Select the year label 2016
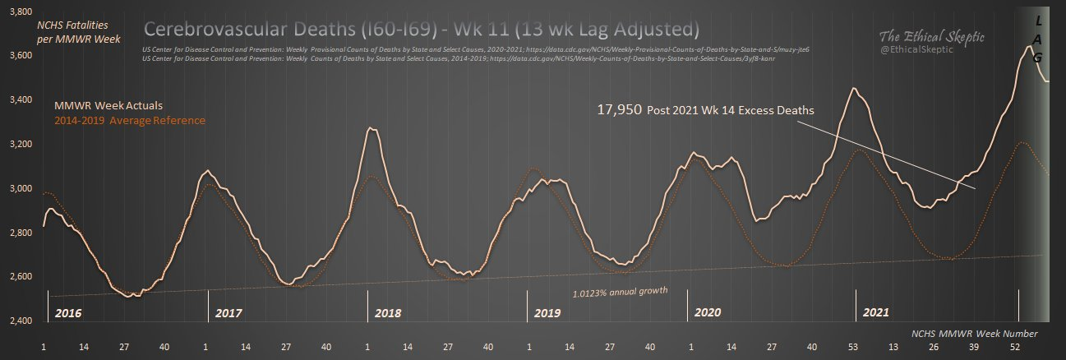coord(67,313)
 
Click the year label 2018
coord(387,313)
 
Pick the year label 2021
coord(876,313)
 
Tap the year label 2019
coord(547,313)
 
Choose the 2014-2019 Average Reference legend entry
coord(130,121)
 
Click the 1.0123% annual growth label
coord(618,292)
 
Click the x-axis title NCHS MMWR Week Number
coord(974,334)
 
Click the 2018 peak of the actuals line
coord(372,128)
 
